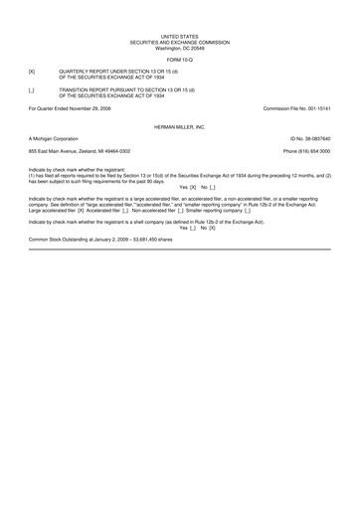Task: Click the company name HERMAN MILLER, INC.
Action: [179, 128]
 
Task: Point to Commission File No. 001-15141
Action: [296, 107]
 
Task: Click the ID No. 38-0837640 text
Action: [309, 139]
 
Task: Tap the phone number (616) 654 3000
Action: [306, 150]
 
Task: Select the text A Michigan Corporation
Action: [54, 139]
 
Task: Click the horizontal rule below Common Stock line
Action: [179, 249]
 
